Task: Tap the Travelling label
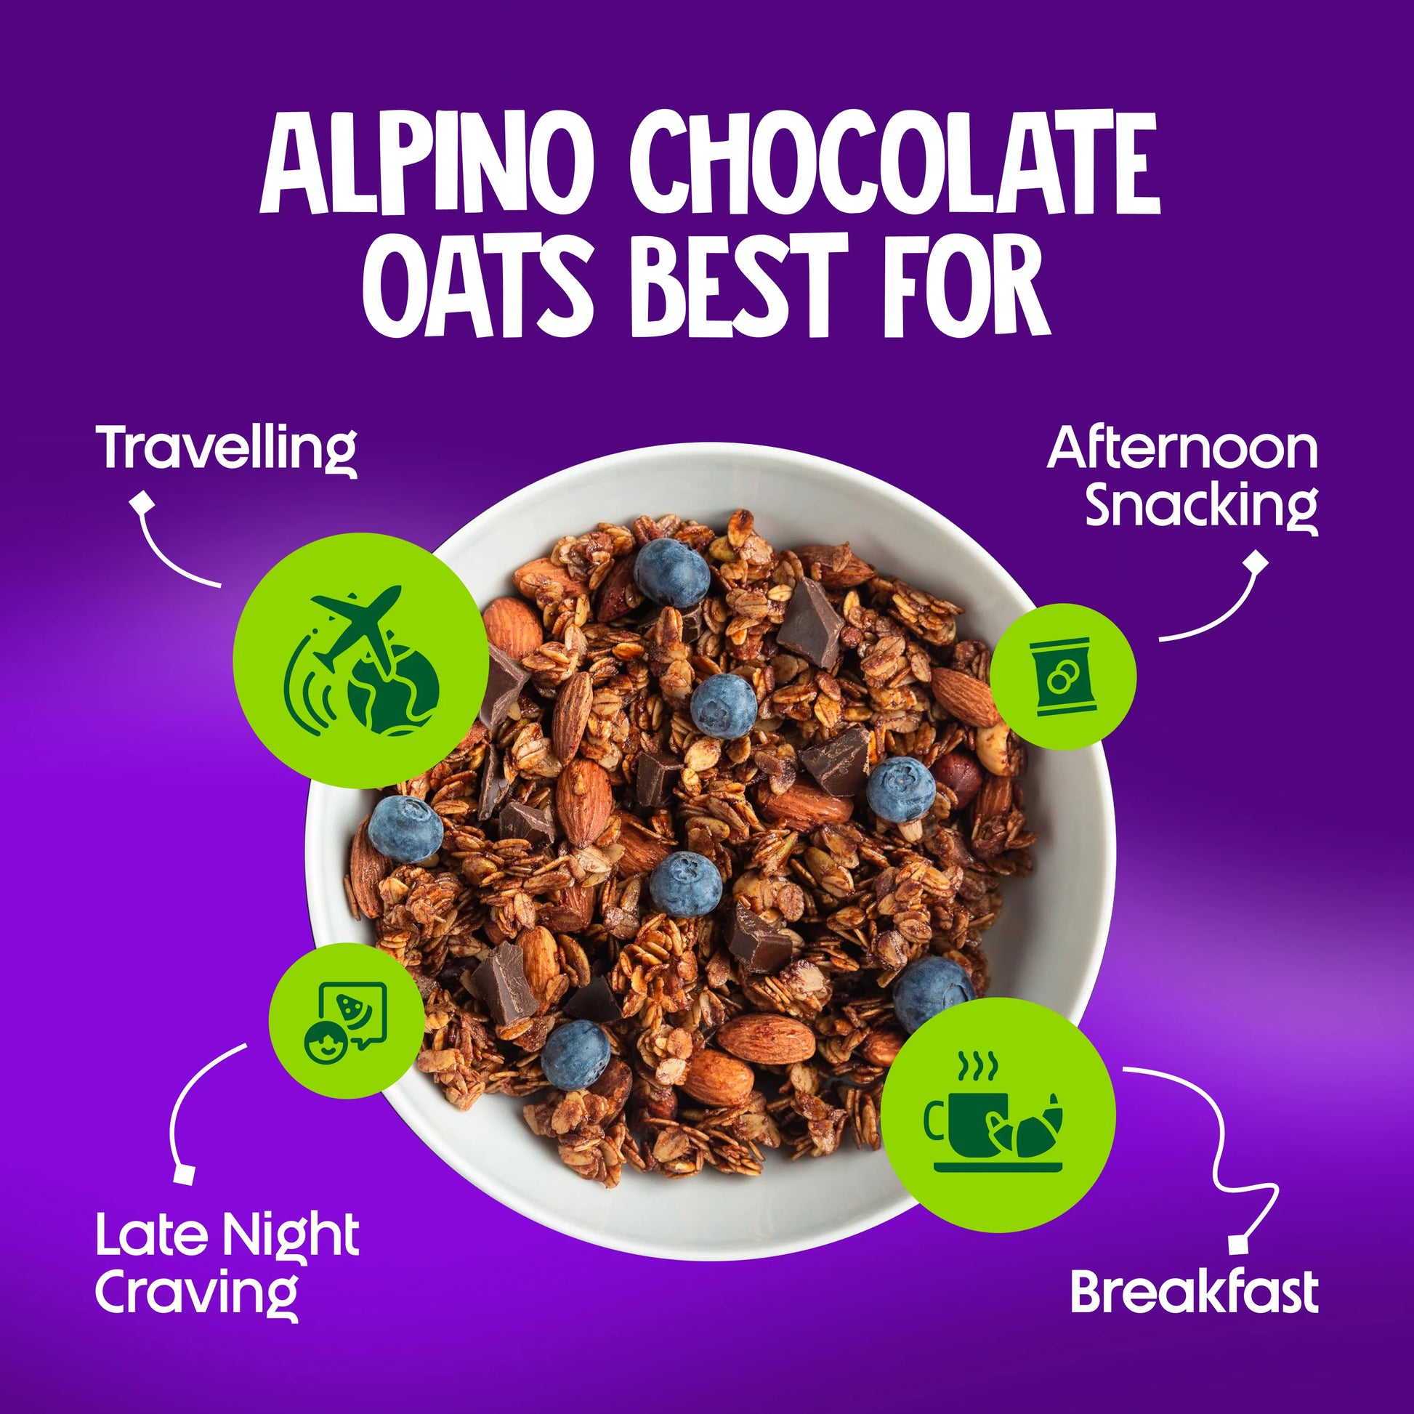tap(227, 450)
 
